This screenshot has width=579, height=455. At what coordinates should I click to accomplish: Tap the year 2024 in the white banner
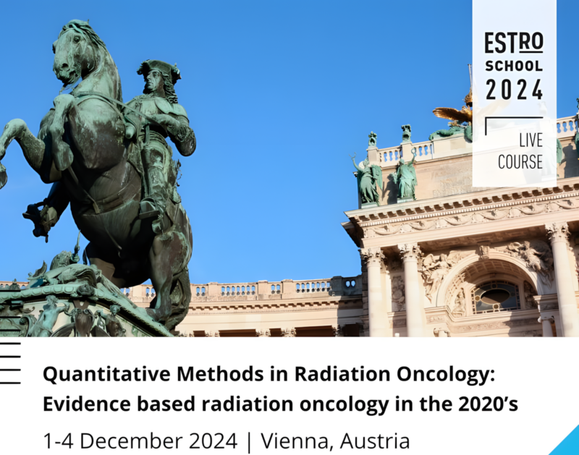click(x=514, y=90)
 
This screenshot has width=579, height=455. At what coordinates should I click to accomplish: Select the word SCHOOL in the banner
click(x=514, y=67)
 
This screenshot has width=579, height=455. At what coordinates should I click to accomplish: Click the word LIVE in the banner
click(x=529, y=140)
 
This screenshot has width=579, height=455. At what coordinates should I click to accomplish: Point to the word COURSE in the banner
click(x=520, y=161)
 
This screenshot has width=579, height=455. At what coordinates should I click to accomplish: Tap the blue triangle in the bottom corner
click(x=567, y=443)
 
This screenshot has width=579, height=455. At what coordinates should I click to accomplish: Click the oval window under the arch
click(x=496, y=294)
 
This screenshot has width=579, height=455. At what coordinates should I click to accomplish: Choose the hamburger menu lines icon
click(x=10, y=362)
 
